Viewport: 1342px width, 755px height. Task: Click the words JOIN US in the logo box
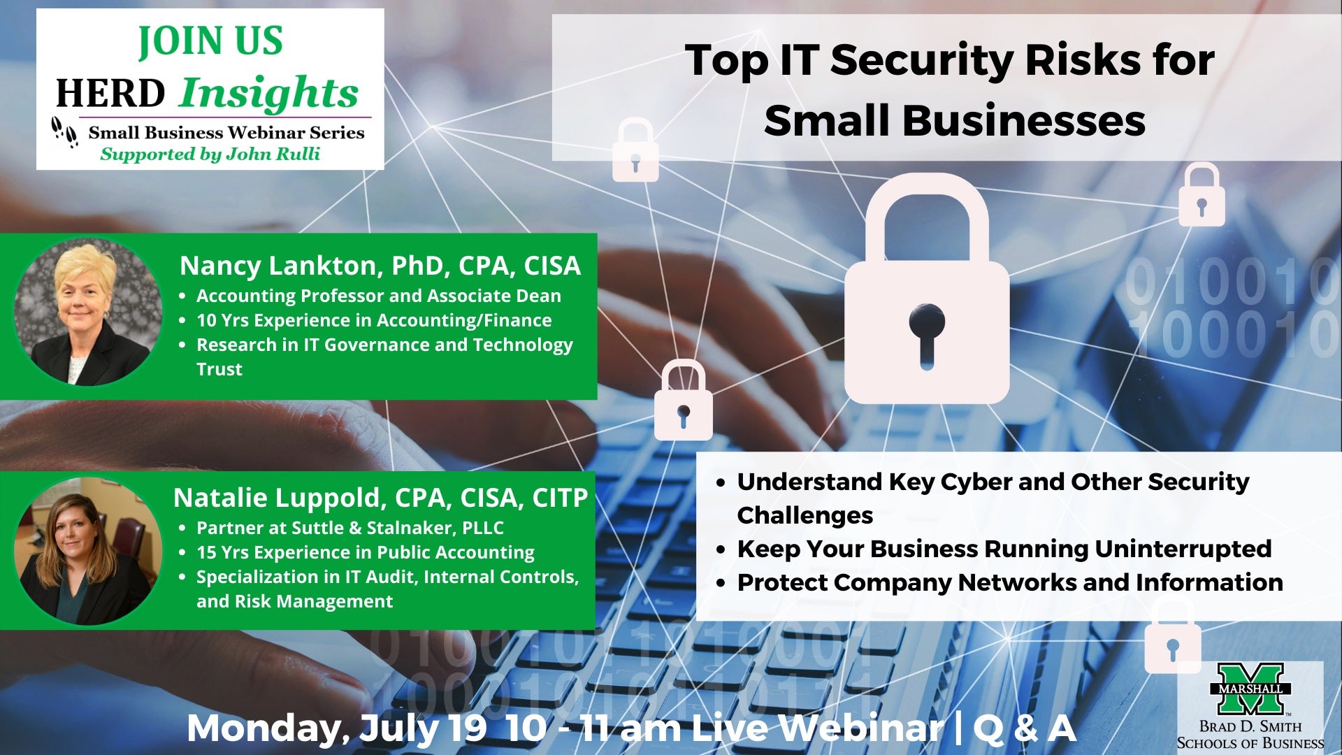(210, 41)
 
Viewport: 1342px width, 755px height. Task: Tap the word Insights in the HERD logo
(269, 94)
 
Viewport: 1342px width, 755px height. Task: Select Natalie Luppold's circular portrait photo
(88, 551)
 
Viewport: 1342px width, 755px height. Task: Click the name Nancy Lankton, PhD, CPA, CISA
(380, 266)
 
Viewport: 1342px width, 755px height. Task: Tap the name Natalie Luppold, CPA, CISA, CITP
(381, 498)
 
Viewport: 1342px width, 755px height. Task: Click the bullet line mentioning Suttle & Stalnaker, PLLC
(349, 528)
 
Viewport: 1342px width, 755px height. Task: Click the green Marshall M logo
(1250, 689)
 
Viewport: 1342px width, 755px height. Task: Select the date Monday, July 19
(336, 728)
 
